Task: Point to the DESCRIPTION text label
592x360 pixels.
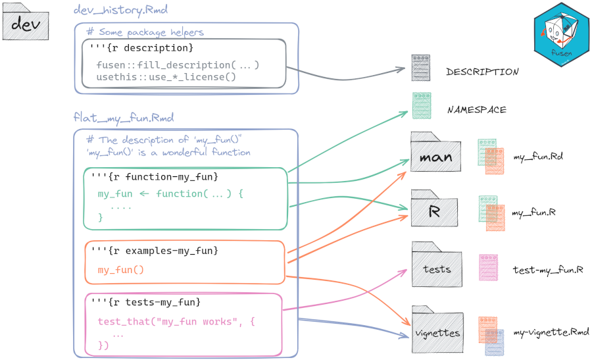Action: [x=481, y=72]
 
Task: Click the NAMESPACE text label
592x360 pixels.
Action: [x=477, y=109]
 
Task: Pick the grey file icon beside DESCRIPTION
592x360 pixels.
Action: [x=420, y=68]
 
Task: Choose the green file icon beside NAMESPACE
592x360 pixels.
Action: [x=421, y=105]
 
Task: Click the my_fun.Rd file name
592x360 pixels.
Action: [x=537, y=157]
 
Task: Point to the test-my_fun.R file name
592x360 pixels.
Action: [x=548, y=270]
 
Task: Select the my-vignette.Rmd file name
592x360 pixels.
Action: [x=551, y=332]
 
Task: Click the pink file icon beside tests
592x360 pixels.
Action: [x=488, y=267]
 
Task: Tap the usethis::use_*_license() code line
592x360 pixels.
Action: [x=166, y=77]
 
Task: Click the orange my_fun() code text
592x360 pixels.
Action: [x=120, y=270]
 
